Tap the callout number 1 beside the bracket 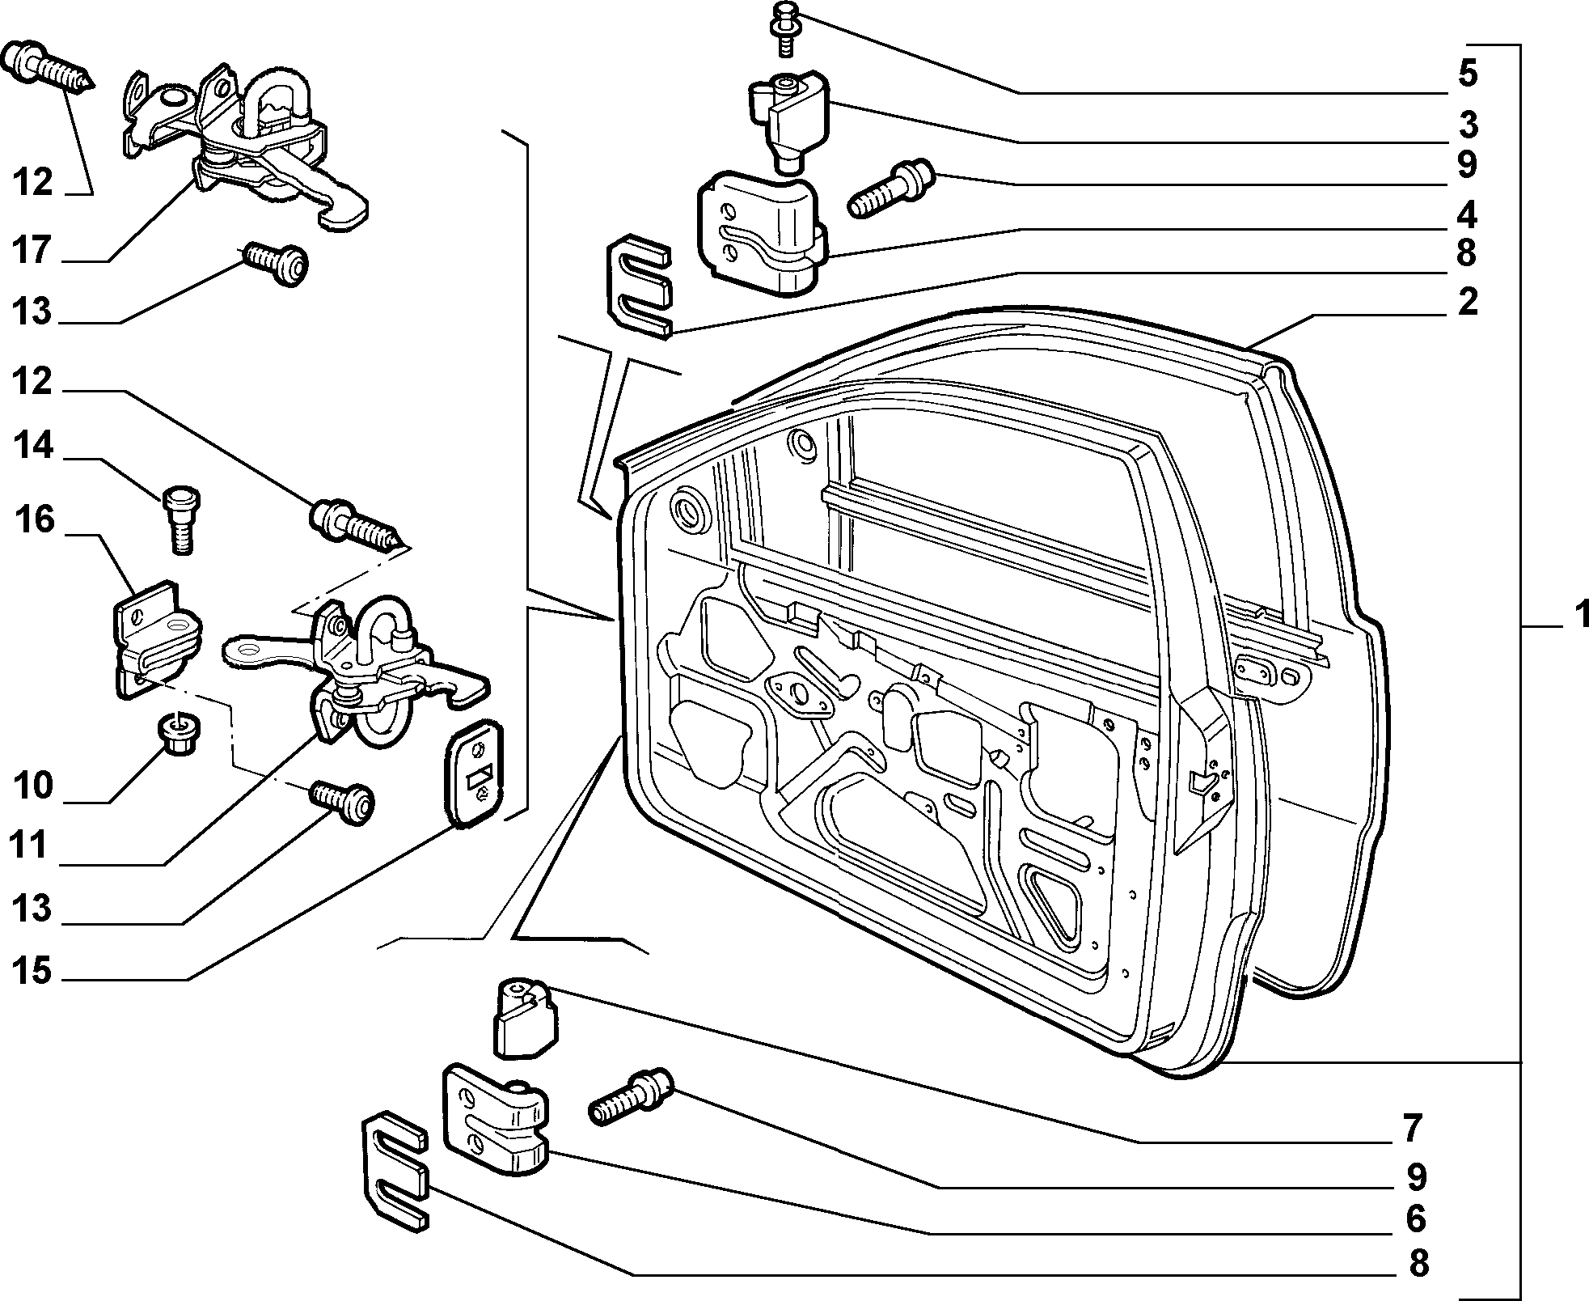pyautogui.click(x=1577, y=615)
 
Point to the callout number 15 pyautogui.click(x=32, y=970)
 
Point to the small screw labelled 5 pyautogui.click(x=783, y=28)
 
